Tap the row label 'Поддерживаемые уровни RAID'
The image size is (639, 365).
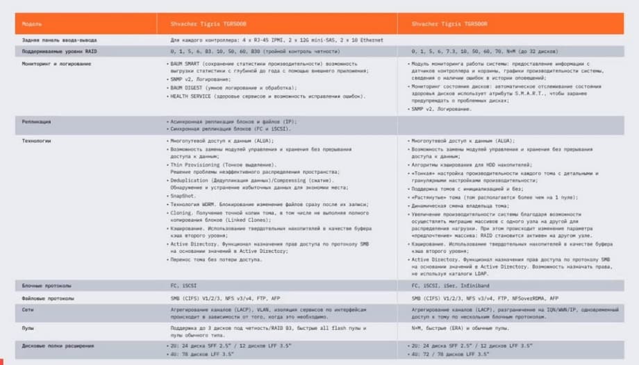[x=52, y=51]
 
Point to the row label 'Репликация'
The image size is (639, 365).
[x=36, y=121]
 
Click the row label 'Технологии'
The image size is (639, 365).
[x=36, y=141]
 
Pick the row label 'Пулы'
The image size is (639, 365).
[x=28, y=328]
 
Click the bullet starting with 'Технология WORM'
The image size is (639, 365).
[x=250, y=204]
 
